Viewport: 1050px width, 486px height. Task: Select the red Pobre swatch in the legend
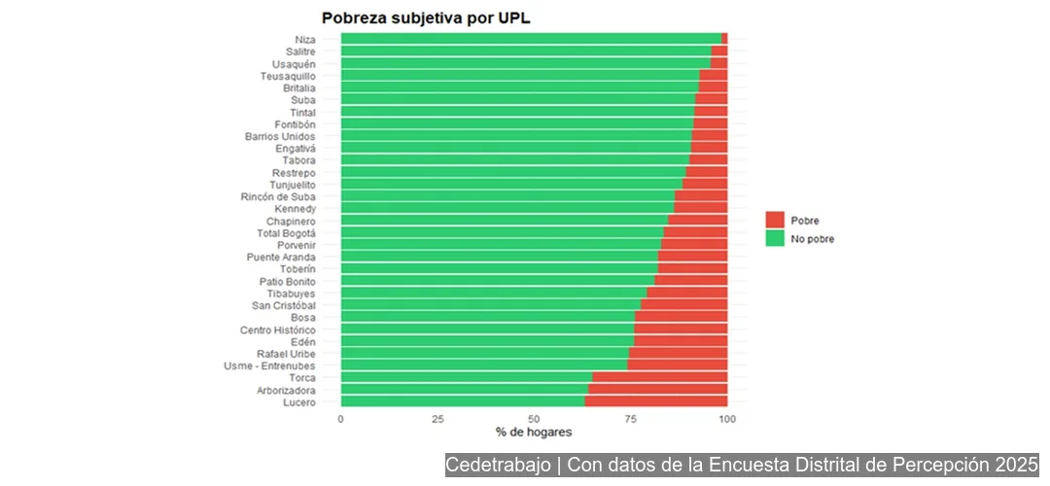click(x=775, y=220)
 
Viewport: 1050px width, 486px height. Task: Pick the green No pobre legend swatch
click(x=775, y=238)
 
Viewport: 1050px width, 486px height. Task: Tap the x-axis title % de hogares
click(x=534, y=432)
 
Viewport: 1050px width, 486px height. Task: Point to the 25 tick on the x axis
click(x=437, y=418)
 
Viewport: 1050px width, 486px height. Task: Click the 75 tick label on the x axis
click(x=631, y=418)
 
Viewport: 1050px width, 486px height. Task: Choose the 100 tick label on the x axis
click(x=727, y=418)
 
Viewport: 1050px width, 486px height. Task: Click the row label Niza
click(x=305, y=39)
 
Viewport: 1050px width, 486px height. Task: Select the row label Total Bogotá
click(x=286, y=233)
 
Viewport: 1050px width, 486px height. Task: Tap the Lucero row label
click(x=298, y=402)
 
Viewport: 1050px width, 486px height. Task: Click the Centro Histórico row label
click(x=278, y=330)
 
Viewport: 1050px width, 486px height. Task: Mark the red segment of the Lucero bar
click(x=656, y=402)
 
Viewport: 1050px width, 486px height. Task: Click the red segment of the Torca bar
click(x=660, y=378)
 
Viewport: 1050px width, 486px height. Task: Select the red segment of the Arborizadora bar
click(x=658, y=390)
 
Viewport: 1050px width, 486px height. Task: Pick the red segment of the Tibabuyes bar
click(x=687, y=294)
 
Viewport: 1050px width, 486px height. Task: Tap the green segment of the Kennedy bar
click(x=507, y=209)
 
